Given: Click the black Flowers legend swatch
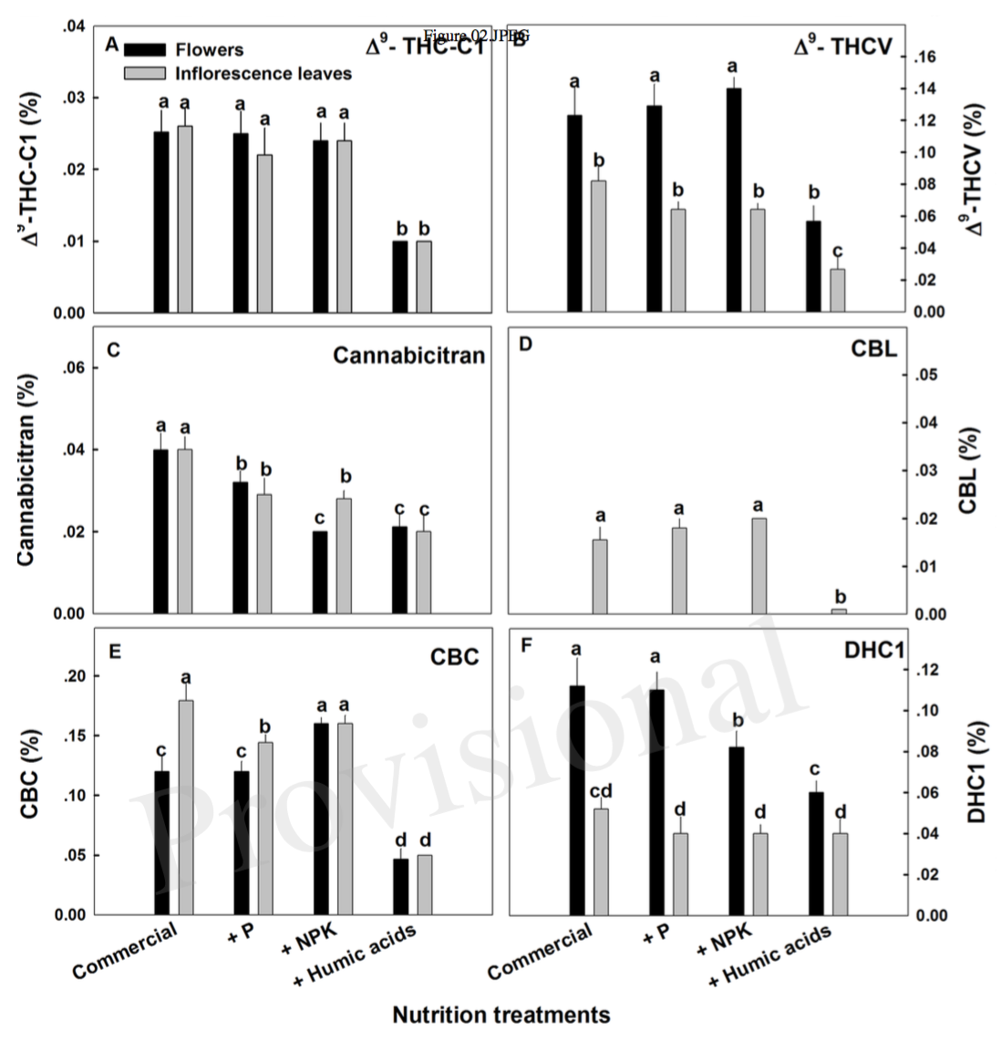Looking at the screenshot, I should [144, 49].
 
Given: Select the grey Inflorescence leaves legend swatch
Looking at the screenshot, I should [144, 72].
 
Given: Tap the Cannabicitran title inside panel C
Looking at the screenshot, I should [408, 356].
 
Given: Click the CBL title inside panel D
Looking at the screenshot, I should [876, 349].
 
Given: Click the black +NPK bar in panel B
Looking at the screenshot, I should [734, 200].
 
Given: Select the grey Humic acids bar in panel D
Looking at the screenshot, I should [839, 611].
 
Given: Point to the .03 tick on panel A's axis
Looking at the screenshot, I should [76, 98].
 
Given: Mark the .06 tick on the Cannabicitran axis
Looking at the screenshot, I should [76, 368].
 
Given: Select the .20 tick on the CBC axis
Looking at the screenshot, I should [76, 675].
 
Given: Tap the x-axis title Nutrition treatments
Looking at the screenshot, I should [500, 1015].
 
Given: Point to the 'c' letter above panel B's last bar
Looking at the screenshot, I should [838, 252].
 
